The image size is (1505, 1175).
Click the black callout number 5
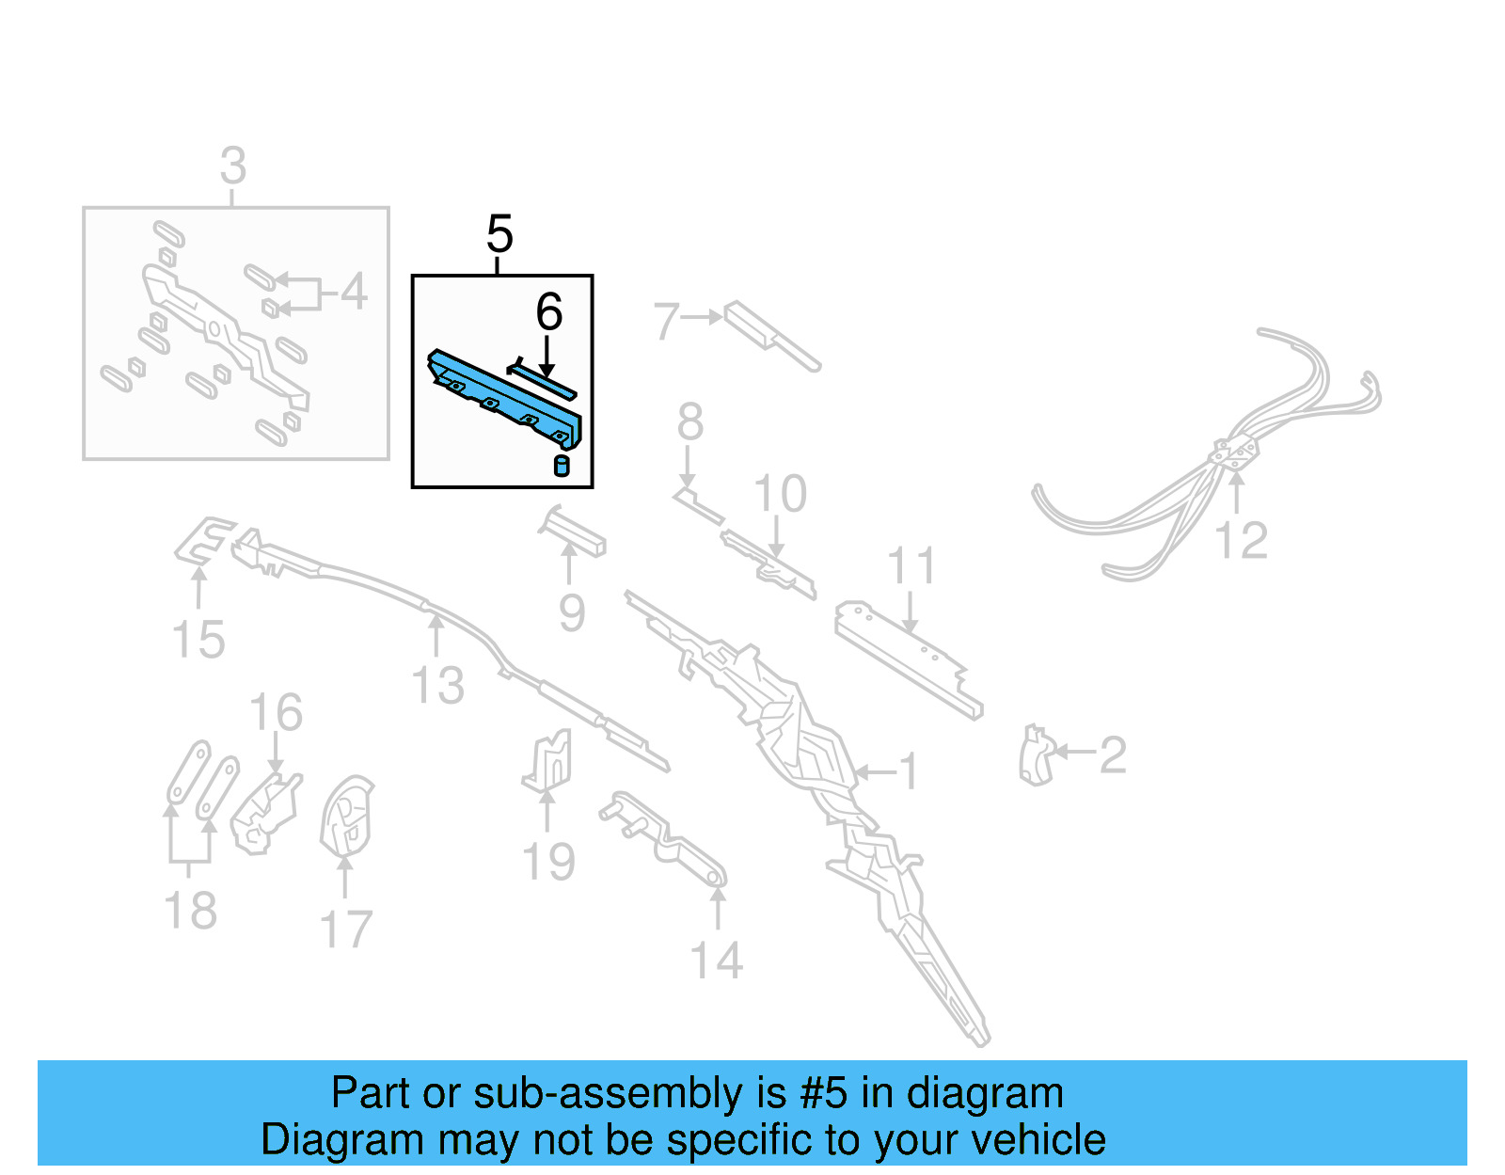tap(499, 233)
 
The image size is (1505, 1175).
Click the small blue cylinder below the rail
tap(562, 466)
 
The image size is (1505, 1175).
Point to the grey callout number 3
tap(232, 167)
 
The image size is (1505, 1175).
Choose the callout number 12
tap(1241, 541)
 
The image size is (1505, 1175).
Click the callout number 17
tap(346, 929)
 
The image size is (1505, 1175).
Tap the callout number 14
tap(716, 961)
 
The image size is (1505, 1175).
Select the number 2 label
tap(1113, 754)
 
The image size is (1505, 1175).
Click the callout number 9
tap(572, 613)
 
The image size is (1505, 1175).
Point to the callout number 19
tap(548, 862)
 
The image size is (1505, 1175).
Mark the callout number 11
tap(911, 566)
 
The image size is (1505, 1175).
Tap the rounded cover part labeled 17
tap(346, 815)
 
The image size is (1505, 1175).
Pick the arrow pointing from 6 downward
tap(547, 357)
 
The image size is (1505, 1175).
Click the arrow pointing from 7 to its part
tap(702, 318)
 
